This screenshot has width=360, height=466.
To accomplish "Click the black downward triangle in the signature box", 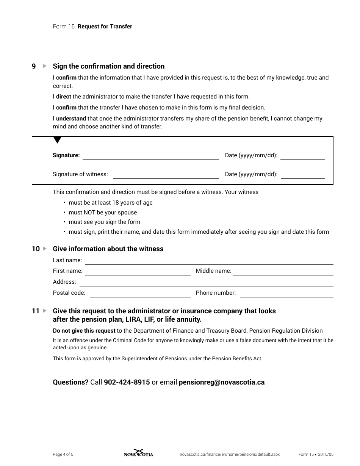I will [x=57, y=140].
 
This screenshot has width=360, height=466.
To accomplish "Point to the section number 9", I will [x=34, y=66].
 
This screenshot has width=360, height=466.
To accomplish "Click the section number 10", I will [x=36, y=249].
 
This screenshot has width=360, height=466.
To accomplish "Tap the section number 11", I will [x=36, y=311].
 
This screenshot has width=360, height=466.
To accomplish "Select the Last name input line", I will [x=209, y=261].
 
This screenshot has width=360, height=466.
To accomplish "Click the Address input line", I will [x=206, y=283].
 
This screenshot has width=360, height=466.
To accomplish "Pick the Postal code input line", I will [x=140, y=294].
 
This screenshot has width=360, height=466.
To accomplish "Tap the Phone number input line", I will [x=286, y=294].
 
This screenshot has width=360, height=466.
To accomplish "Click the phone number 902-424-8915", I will [x=127, y=382].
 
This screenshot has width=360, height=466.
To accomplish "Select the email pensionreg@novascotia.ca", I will [x=221, y=382].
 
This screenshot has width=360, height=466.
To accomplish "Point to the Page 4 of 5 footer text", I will [x=63, y=454].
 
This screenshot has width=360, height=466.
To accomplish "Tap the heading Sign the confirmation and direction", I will [x=108, y=66].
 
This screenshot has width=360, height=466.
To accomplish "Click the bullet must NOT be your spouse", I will [x=103, y=213].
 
